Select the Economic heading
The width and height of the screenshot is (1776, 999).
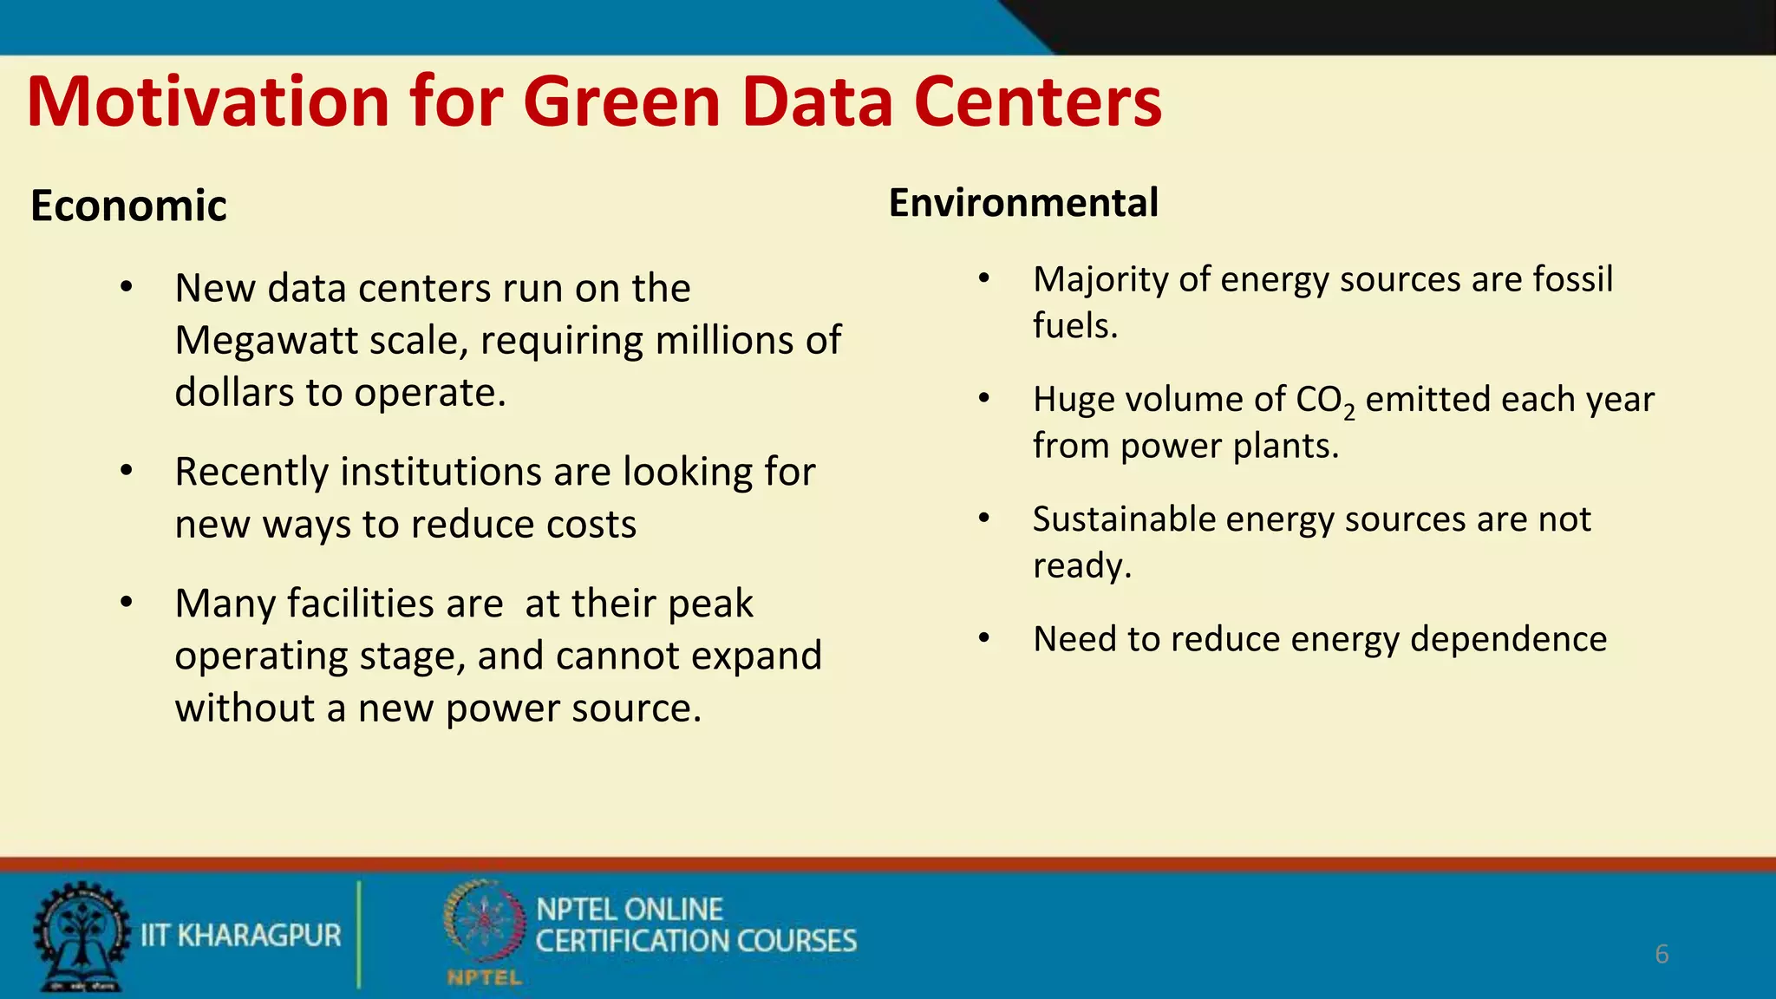(128, 206)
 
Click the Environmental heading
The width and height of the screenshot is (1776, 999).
(1023, 203)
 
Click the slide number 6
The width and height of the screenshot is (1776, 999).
(1662, 954)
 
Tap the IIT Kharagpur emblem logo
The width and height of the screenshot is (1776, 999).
(81, 937)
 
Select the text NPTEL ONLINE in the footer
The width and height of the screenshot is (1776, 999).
(630, 910)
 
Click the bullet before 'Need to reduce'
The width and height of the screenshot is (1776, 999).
(983, 639)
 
